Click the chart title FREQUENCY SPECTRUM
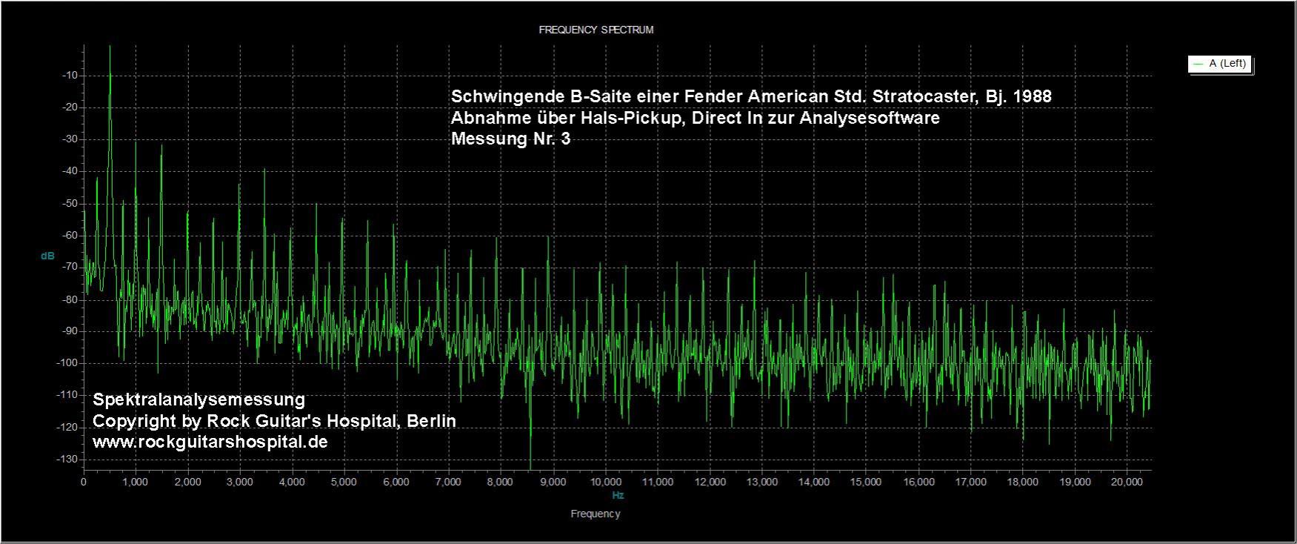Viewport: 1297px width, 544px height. [596, 30]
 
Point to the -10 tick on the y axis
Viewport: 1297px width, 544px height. [72, 76]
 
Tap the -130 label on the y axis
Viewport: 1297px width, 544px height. [69, 460]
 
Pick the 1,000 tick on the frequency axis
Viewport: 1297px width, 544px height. [135, 482]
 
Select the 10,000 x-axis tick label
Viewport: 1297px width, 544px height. [604, 482]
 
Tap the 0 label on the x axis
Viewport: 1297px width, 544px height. [84, 482]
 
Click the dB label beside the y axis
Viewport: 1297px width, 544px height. [47, 256]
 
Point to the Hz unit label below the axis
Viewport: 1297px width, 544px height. [618, 495]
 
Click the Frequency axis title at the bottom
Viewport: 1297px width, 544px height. [596, 514]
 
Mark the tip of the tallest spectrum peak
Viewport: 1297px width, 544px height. [110, 47]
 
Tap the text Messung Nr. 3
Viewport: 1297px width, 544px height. [510, 139]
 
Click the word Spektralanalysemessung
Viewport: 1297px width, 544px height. [199, 400]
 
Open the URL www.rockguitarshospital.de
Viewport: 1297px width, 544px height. [210, 442]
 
